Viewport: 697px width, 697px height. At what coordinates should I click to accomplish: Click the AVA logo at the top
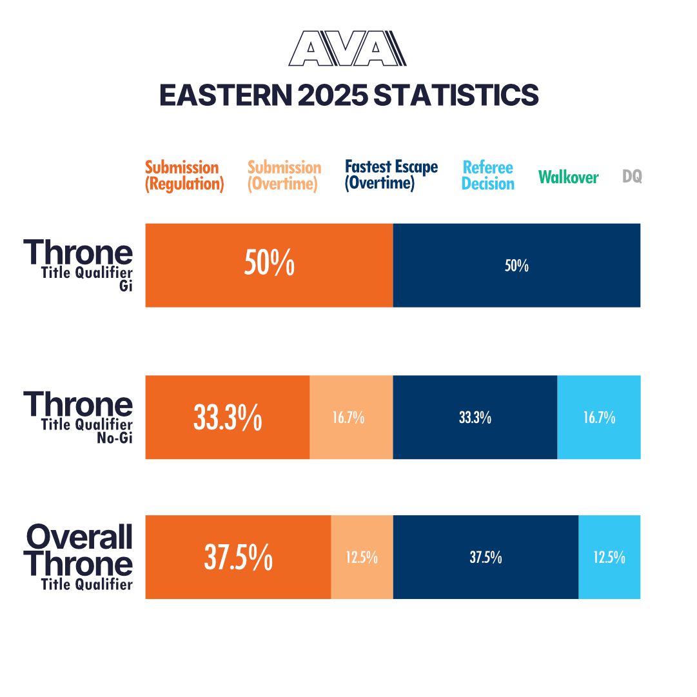tap(348, 49)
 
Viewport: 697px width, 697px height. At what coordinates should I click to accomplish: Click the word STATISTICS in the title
tap(456, 95)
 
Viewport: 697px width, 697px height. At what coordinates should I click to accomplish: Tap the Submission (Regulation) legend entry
tap(184, 175)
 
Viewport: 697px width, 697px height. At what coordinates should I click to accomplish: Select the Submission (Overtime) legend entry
tap(284, 175)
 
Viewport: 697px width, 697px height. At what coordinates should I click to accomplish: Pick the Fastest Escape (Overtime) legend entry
tap(391, 175)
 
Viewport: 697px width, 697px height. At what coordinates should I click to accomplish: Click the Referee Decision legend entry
tap(488, 175)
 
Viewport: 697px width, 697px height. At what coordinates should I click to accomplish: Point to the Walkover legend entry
tap(568, 177)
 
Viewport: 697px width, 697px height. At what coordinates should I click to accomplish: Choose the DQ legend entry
tap(632, 176)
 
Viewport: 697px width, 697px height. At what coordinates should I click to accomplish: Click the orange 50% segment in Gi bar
tap(269, 265)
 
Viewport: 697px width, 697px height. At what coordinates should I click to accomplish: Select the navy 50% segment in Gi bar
tap(516, 265)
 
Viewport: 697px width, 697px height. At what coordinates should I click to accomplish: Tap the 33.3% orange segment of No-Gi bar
tap(228, 417)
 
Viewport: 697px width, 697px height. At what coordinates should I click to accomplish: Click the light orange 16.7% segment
tap(351, 417)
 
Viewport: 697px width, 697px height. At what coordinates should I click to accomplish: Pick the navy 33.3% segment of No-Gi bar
tap(475, 417)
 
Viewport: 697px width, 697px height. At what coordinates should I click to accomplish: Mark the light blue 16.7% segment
tap(598, 417)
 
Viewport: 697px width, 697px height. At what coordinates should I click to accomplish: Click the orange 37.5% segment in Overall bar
tap(238, 557)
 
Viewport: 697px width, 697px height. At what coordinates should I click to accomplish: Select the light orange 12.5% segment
tap(362, 557)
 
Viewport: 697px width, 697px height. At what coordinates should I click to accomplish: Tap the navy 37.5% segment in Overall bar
tap(486, 557)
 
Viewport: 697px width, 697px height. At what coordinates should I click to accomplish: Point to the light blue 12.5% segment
tap(609, 557)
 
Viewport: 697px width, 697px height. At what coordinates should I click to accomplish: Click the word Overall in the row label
tap(79, 536)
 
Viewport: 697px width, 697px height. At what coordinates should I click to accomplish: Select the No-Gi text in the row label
tap(115, 440)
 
